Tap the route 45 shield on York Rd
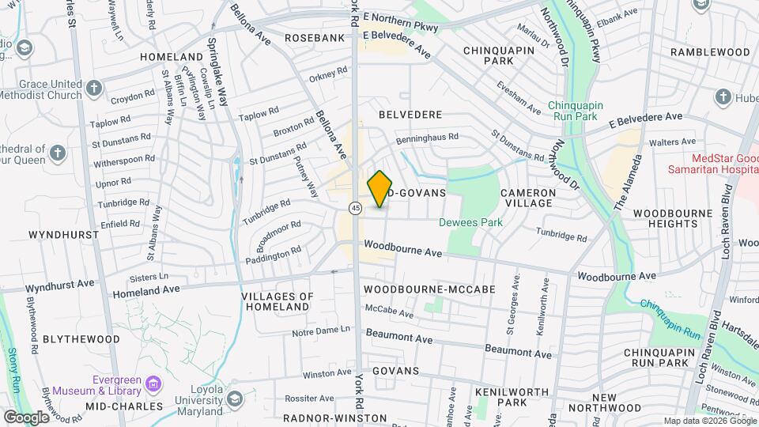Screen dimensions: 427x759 356,208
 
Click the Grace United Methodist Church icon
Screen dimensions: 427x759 94,87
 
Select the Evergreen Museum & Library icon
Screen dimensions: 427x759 153,385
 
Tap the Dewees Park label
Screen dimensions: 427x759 471,222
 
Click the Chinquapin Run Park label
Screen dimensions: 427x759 584,110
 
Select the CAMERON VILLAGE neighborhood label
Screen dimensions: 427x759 527,198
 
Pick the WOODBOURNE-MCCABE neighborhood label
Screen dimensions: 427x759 429,289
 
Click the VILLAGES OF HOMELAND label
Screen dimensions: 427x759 276,301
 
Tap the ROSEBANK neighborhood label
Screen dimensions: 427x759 314,37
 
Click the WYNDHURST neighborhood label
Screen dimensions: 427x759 63,235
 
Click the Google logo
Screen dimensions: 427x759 26,417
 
